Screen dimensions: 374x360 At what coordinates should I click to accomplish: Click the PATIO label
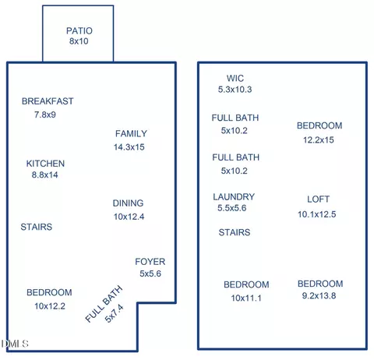(79, 31)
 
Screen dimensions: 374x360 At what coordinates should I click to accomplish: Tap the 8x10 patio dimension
(79, 41)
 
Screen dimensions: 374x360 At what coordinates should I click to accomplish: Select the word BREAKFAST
(48, 101)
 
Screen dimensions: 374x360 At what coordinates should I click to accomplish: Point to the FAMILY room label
(131, 133)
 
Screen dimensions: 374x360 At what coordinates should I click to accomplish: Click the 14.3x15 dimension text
(129, 147)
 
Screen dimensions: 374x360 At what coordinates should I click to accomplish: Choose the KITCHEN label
(45, 164)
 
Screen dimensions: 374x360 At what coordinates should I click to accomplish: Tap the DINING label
(128, 203)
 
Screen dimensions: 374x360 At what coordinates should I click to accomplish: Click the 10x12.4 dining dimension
(129, 217)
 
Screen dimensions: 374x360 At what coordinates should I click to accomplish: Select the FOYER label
(150, 262)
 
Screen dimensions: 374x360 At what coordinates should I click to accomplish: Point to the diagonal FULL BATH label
(104, 304)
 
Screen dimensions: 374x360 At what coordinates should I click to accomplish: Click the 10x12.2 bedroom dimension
(50, 306)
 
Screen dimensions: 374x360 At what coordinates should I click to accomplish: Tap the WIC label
(235, 78)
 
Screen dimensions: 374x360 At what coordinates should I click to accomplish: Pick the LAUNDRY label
(234, 196)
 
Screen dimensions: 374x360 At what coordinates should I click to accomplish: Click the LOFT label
(319, 199)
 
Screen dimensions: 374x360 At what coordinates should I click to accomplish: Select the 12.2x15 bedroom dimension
(319, 139)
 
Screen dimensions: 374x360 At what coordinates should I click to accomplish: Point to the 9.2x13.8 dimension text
(319, 295)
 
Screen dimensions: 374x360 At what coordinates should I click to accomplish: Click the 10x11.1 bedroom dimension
(246, 298)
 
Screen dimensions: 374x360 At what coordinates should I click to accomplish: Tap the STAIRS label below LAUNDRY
(235, 232)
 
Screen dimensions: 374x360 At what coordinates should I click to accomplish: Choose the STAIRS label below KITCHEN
(37, 227)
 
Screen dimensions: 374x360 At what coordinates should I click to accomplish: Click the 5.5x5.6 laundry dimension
(232, 208)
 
